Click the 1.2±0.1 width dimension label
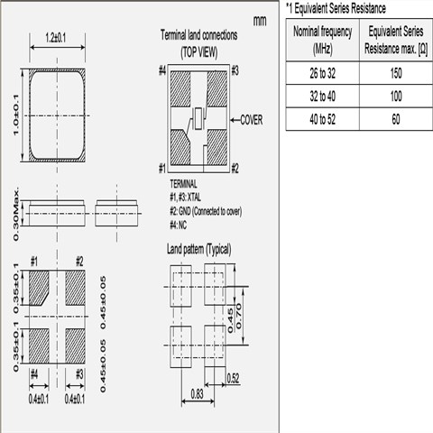(x=56, y=38)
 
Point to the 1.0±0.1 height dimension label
(x=16, y=115)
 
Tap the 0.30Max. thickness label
(x=16, y=214)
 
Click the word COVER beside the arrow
(x=252, y=120)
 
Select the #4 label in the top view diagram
(x=162, y=71)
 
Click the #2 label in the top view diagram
(x=235, y=169)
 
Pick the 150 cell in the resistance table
(x=396, y=73)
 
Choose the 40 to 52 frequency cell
(x=322, y=119)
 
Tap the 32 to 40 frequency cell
(x=322, y=97)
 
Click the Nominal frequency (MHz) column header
(x=322, y=40)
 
